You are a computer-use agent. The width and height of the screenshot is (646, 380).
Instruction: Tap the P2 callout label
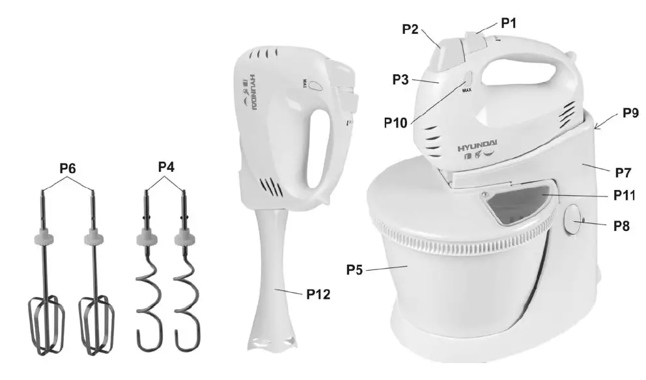click(410, 29)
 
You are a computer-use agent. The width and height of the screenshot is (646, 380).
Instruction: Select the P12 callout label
click(318, 294)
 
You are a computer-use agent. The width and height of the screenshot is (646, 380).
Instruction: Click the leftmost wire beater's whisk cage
click(44, 325)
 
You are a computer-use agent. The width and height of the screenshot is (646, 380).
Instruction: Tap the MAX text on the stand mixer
click(466, 91)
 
